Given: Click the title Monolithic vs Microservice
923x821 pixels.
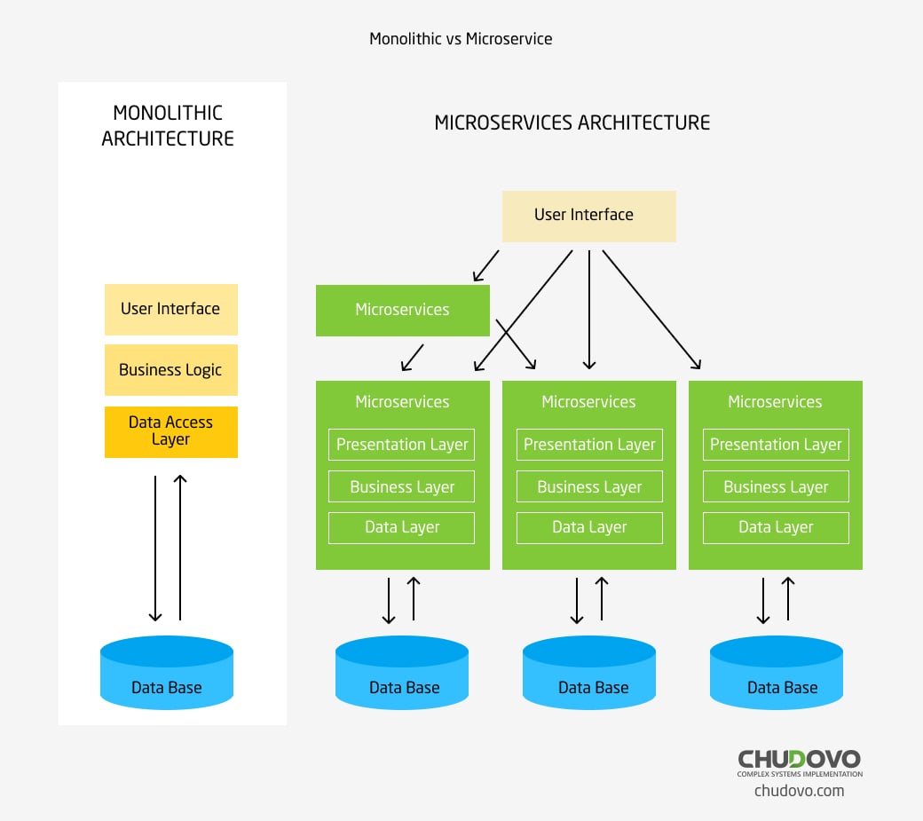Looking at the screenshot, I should pyautogui.click(x=461, y=39).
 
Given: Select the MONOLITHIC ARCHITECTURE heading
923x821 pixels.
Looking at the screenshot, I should pyautogui.click(x=168, y=126).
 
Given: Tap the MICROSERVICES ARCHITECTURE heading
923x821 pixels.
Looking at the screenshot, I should pyautogui.click(x=572, y=122).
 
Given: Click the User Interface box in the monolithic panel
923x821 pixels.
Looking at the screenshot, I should pyautogui.click(x=170, y=309).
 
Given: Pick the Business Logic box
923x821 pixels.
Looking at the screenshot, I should pyautogui.click(x=170, y=370).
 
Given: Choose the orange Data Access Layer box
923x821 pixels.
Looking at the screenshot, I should pyautogui.click(x=170, y=431).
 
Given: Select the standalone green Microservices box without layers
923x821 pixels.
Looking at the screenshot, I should pyautogui.click(x=402, y=310).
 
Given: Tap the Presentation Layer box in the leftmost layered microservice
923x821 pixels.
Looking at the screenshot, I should pyautogui.click(x=402, y=445).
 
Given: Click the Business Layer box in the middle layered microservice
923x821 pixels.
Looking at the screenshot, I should pyautogui.click(x=589, y=486).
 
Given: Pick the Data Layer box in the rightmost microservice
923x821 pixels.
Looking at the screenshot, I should pyautogui.click(x=776, y=527).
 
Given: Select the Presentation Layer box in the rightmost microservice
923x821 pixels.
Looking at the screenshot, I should pyautogui.click(x=776, y=445).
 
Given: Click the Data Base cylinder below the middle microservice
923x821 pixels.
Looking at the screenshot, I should pyautogui.click(x=589, y=674).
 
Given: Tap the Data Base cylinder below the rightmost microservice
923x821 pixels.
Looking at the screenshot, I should pyautogui.click(x=777, y=674).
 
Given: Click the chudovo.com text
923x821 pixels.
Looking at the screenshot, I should pyautogui.click(x=799, y=790).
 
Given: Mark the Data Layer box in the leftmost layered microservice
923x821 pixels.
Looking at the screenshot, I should pyautogui.click(x=402, y=527).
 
